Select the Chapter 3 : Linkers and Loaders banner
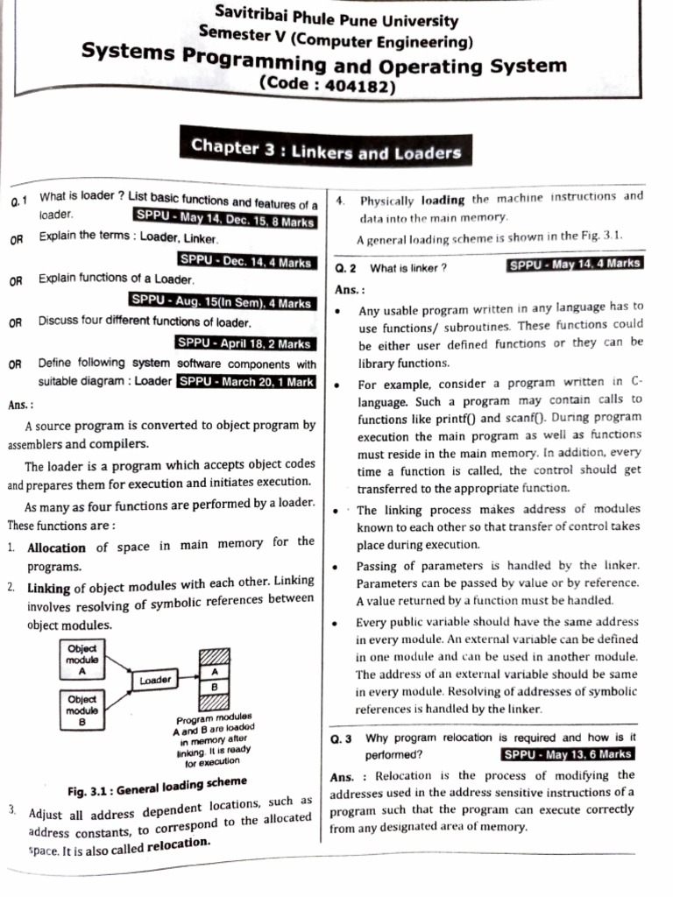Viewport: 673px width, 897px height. [326, 151]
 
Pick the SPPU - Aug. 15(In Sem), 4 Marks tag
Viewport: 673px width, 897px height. [221, 301]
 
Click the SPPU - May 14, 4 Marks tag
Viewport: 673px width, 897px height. [575, 264]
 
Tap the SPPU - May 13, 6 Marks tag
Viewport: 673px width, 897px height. [568, 752]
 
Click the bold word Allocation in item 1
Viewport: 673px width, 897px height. [56, 547]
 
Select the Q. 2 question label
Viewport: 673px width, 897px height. [344, 268]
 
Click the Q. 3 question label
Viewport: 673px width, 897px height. [341, 738]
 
